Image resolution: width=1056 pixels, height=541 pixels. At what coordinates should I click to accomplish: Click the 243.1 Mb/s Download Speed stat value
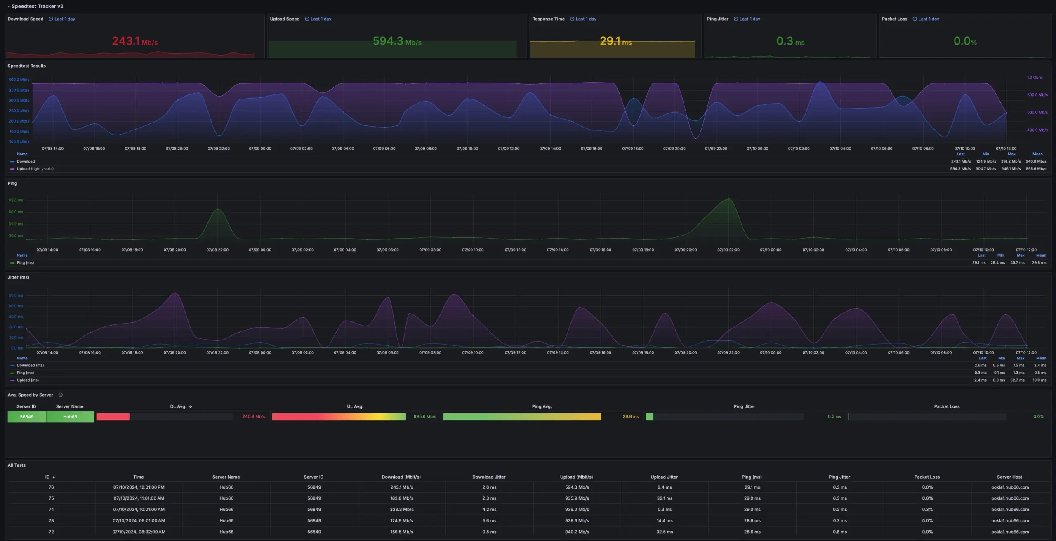[x=134, y=41]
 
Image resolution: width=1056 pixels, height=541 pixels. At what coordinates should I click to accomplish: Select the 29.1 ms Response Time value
[x=615, y=41]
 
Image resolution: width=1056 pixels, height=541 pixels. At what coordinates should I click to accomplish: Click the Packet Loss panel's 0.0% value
[x=964, y=41]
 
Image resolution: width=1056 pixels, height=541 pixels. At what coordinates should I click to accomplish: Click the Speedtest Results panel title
[x=26, y=66]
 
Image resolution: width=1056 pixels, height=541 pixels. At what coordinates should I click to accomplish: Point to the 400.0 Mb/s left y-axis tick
[x=19, y=80]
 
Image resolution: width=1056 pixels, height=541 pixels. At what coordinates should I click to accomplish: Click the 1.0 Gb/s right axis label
[x=1034, y=78]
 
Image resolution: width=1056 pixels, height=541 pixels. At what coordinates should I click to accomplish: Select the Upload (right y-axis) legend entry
[x=35, y=169]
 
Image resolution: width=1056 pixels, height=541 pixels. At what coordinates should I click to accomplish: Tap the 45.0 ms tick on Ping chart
[x=16, y=200]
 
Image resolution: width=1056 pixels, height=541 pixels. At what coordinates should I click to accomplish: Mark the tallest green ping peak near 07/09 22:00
[x=729, y=199]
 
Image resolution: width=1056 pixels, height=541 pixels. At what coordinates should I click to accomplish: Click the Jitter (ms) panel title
[x=18, y=277]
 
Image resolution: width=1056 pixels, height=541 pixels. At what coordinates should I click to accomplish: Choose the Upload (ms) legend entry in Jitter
[x=28, y=380]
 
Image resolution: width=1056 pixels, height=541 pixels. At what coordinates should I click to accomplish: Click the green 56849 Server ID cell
[x=27, y=417]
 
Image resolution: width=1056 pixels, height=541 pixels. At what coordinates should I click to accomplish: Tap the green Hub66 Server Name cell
[x=70, y=417]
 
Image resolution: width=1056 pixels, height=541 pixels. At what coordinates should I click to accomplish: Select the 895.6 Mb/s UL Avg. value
[x=424, y=417]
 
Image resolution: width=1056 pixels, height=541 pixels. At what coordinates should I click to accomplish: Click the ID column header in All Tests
[x=48, y=477]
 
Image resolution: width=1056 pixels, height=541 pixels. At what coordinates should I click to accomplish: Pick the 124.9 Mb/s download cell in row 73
[x=401, y=521]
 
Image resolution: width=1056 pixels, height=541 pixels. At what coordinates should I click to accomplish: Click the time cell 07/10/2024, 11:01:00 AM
[x=139, y=498]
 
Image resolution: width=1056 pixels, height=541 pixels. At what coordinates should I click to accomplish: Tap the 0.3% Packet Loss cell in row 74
[x=927, y=510]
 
